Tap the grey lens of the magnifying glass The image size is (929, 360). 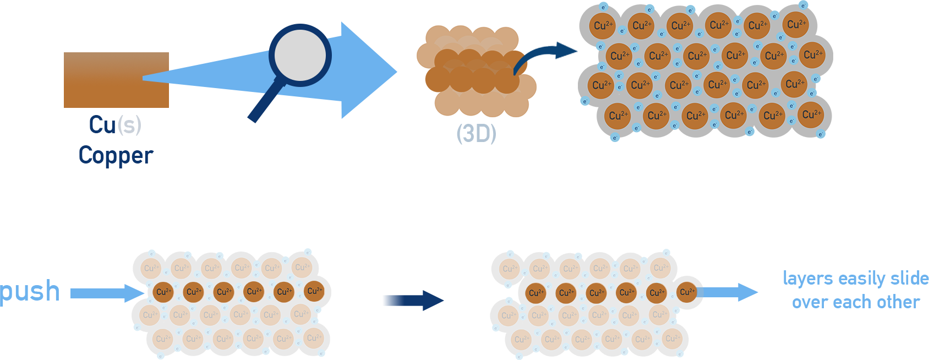click(300, 54)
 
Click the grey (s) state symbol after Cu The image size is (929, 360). click(129, 125)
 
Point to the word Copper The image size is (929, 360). click(116, 155)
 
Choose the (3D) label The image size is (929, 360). click(476, 133)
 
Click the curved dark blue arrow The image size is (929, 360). click(542, 55)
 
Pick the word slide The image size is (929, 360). click(909, 279)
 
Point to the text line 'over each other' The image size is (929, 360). click(856, 302)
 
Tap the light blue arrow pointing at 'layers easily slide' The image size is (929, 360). click(732, 292)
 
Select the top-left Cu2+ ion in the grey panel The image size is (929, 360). click(603, 25)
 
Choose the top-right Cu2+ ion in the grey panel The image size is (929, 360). click(796, 24)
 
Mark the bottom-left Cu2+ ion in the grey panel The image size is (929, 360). click(619, 115)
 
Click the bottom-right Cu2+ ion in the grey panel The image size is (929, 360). click(811, 114)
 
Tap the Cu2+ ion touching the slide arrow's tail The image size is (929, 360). click(686, 292)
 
